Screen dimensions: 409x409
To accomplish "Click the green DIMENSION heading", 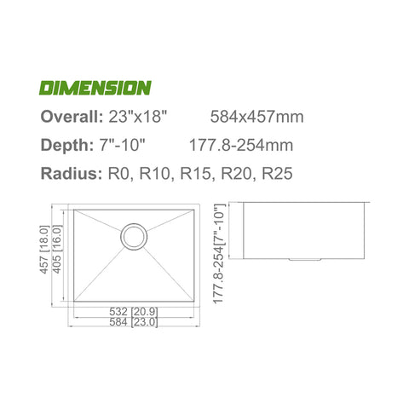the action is (x=95, y=88).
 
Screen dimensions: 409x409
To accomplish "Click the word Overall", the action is (x=72, y=117).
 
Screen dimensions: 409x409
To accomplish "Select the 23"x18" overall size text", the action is (x=136, y=117).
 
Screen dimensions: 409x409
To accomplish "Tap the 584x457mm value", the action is (x=256, y=117).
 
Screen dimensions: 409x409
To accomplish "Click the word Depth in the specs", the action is (x=67, y=145).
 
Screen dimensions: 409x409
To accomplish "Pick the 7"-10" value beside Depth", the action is (x=123, y=145).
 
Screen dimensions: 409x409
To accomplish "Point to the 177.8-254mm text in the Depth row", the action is (x=241, y=145).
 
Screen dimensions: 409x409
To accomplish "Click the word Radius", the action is (x=72, y=173).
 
